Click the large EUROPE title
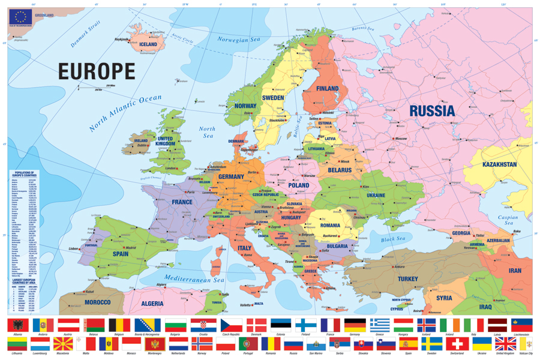(97, 71)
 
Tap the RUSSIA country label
(432, 111)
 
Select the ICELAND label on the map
(148, 44)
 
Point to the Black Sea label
(393, 239)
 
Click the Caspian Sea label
(508, 220)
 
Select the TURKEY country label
(407, 279)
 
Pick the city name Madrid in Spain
(131, 248)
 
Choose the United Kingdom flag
(505, 344)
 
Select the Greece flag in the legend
(379, 325)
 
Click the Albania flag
(17, 325)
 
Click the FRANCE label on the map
(182, 202)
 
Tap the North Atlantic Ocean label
(125, 113)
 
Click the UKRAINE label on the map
(376, 195)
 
